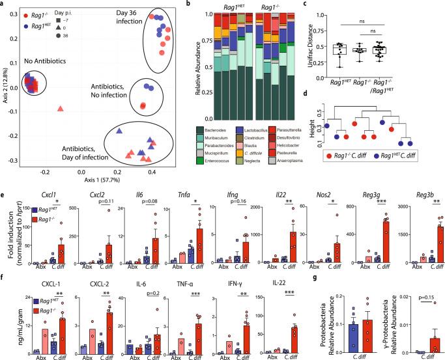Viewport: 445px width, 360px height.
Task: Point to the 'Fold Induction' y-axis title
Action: pos(8,236)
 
